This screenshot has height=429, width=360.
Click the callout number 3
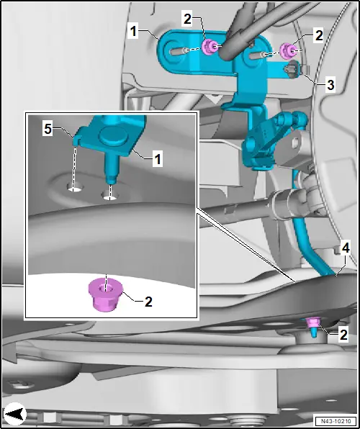pos(330,85)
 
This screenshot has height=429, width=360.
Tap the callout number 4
pos(346,248)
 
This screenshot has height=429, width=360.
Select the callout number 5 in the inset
pos(48,129)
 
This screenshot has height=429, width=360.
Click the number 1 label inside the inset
pos(157,159)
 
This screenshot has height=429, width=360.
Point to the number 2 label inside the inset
pos(148,302)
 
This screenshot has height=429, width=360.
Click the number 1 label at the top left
pos(133,32)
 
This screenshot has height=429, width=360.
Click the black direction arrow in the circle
pos(15,414)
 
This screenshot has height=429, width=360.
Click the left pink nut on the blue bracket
pos(209,47)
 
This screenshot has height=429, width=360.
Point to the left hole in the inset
pos(75,187)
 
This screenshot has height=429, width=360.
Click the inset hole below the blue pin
pos(109,195)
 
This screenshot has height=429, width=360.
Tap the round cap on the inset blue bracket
pos(114,135)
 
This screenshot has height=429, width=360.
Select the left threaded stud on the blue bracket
pos(179,51)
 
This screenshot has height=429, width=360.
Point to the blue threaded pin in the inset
pos(112,168)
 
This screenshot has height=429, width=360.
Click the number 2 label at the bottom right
pos(343,335)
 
